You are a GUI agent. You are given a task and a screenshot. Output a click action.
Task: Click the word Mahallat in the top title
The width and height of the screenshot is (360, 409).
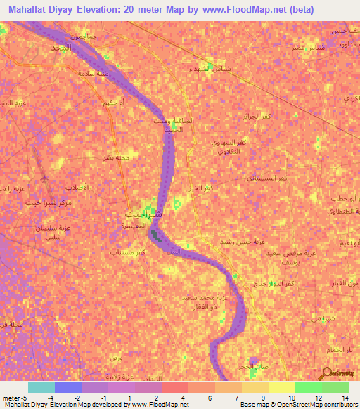[32, 10]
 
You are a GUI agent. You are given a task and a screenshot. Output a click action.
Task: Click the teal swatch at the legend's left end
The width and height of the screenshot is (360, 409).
[41, 387]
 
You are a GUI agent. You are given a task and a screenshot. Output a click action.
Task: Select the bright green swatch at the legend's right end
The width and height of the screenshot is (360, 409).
[335, 387]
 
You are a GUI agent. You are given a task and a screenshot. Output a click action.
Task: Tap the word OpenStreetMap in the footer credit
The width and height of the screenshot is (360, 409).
[309, 405]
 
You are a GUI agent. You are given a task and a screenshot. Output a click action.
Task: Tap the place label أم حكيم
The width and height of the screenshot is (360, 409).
[115, 103]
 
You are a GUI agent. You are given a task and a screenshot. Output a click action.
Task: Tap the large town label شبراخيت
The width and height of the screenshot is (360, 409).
[144, 212]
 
